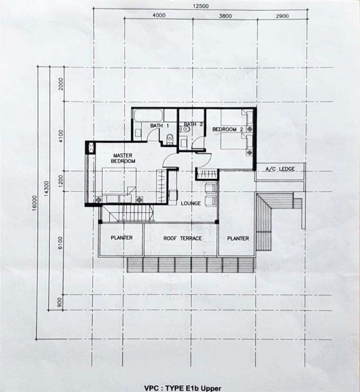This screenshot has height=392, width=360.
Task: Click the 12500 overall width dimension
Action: click(201, 6)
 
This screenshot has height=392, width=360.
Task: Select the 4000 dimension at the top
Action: click(159, 15)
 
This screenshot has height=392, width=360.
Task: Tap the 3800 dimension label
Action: click(225, 16)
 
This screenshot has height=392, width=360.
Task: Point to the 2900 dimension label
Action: click(282, 16)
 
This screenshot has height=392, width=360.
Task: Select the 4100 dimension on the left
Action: click(61, 136)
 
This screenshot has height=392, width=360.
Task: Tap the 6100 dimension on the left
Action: click(61, 242)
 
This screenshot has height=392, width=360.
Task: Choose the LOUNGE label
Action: click(191, 204)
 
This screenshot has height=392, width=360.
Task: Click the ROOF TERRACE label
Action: click(182, 238)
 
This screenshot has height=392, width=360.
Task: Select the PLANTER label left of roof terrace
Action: click(121, 238)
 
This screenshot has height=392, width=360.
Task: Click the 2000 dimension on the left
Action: click(61, 84)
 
